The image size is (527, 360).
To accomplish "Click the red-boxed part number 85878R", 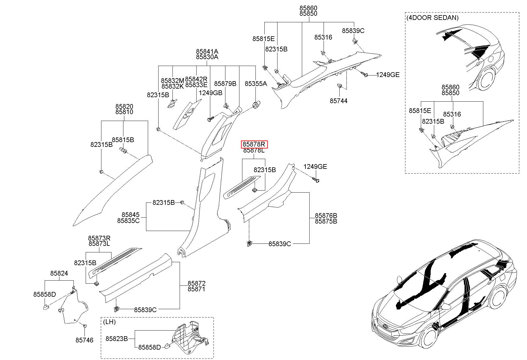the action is click(254, 144).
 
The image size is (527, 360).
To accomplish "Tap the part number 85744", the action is click(338, 101).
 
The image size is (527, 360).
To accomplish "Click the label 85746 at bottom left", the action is click(84, 340).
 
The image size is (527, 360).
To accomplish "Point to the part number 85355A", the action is click(256, 84).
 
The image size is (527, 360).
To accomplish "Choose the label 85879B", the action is click(225, 84).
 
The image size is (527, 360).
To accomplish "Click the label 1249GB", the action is click(211, 93).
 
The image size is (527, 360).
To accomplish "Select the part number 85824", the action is click(59, 273).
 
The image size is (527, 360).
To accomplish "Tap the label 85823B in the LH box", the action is click(117, 339).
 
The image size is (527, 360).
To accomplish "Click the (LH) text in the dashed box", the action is click(109, 322).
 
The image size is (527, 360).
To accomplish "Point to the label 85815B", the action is click(123, 140).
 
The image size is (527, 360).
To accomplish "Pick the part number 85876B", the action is click(326, 216).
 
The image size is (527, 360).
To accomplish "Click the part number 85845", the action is click(130, 215).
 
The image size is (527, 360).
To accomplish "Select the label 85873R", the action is click(99, 238).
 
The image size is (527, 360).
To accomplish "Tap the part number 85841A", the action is click(207, 51).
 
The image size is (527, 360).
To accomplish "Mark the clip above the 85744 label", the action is click(339, 87).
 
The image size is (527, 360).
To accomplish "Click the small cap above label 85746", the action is click(84, 326).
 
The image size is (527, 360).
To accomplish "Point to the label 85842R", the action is click(196, 79).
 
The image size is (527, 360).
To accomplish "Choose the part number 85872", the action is click(196, 283).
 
